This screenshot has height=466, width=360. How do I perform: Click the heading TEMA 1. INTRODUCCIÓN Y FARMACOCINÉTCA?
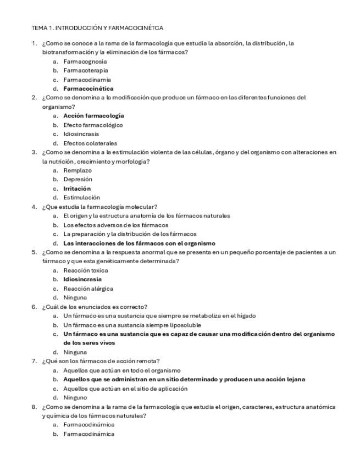[97, 27]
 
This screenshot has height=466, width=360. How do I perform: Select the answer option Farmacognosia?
[85, 61]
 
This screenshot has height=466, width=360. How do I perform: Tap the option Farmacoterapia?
[85, 70]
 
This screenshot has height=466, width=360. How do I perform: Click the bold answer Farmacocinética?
[88, 88]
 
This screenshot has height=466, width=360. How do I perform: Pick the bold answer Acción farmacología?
[93, 116]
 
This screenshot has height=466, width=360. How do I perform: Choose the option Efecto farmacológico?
[93, 125]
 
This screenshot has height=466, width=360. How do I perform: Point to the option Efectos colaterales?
[90, 143]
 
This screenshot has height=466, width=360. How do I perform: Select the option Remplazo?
[77, 170]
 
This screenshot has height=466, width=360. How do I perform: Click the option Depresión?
[77, 179]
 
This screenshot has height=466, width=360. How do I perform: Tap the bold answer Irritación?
[77, 188]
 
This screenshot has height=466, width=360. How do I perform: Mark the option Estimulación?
[81, 197]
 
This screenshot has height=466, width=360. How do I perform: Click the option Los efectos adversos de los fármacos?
[115, 225]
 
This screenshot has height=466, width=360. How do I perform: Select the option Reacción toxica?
[85, 270]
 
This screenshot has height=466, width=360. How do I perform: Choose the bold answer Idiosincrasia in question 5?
[82, 279]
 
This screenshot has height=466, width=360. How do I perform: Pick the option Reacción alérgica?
[88, 289]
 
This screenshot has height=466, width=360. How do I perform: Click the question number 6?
[34, 307]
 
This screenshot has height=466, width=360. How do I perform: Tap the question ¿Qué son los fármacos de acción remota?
[101, 361]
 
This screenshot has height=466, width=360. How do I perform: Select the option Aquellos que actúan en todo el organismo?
[121, 370]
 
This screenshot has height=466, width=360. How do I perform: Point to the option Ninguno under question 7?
[76, 397]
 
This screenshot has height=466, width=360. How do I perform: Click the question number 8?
[34, 407]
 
